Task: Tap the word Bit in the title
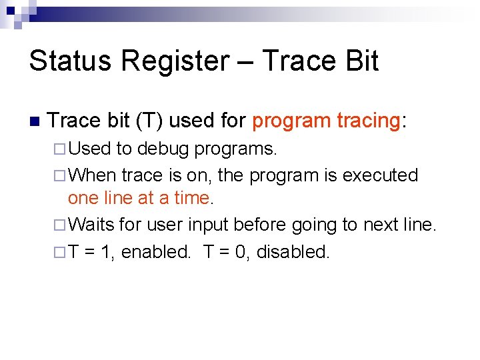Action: [x=358, y=61]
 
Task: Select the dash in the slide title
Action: [x=250, y=62]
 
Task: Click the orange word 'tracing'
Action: [x=368, y=121]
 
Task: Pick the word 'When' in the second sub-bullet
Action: [x=92, y=175]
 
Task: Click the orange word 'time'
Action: [x=193, y=199]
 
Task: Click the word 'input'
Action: [x=209, y=225]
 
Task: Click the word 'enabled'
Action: [x=155, y=252]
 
